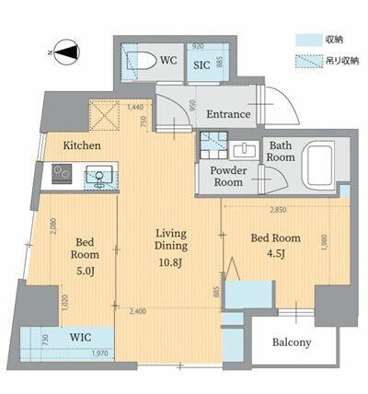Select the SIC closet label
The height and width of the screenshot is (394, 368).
click(201, 65)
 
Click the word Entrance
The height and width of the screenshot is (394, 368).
click(227, 114)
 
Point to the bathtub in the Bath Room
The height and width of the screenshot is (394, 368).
click(320, 167)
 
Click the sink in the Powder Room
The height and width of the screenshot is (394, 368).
click(245, 151)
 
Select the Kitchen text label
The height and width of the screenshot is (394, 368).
click(81, 146)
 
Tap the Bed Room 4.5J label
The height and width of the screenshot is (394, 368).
click(273, 244)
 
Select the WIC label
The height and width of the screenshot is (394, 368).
click(82, 338)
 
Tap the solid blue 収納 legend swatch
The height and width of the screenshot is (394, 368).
click(306, 40)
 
